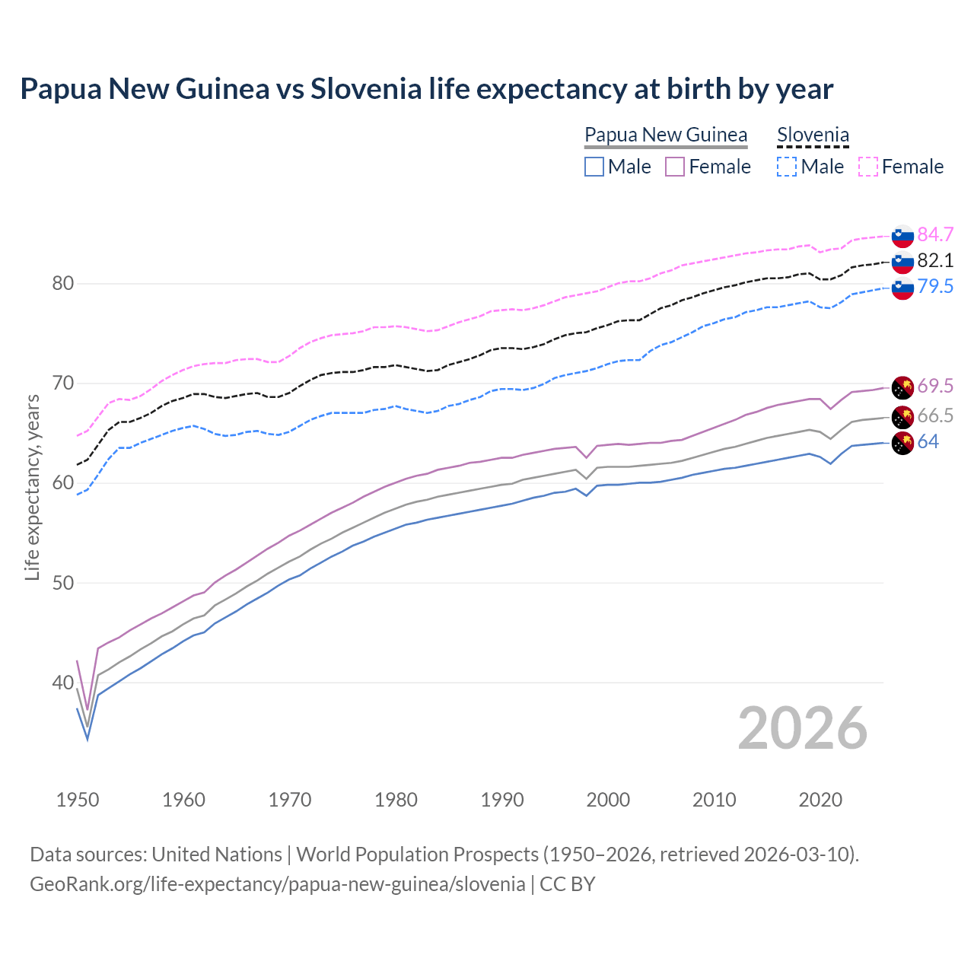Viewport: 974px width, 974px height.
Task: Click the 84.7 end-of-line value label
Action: coord(935,234)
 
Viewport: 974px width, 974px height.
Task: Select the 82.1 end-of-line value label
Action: coord(935,261)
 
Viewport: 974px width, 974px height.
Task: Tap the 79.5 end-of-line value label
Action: coord(935,287)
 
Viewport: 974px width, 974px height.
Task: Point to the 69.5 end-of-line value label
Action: coord(935,387)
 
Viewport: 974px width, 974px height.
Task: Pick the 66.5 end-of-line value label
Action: coord(935,416)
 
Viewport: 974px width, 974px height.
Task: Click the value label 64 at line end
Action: coord(928,442)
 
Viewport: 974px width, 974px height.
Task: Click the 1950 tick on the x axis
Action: coord(78,800)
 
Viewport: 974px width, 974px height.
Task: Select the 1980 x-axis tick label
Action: coord(396,800)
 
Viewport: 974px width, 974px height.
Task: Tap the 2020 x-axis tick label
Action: coord(820,800)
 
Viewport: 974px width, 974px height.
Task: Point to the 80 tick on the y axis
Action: coord(62,284)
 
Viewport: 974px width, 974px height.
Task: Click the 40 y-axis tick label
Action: coord(62,683)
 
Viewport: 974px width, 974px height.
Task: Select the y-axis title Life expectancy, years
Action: coord(32,487)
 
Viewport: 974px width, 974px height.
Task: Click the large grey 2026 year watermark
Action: coord(802,728)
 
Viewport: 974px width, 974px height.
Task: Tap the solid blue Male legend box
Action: coord(594,167)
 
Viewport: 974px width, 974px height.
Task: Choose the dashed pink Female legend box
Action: coord(868,167)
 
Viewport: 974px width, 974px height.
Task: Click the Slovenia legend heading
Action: coord(813,135)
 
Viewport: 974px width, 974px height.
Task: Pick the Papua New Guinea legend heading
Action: coord(666,135)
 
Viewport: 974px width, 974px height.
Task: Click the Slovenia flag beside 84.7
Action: coord(902,236)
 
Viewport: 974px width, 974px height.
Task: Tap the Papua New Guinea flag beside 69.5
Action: coord(902,387)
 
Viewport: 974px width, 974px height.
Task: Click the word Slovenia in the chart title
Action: coord(365,89)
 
